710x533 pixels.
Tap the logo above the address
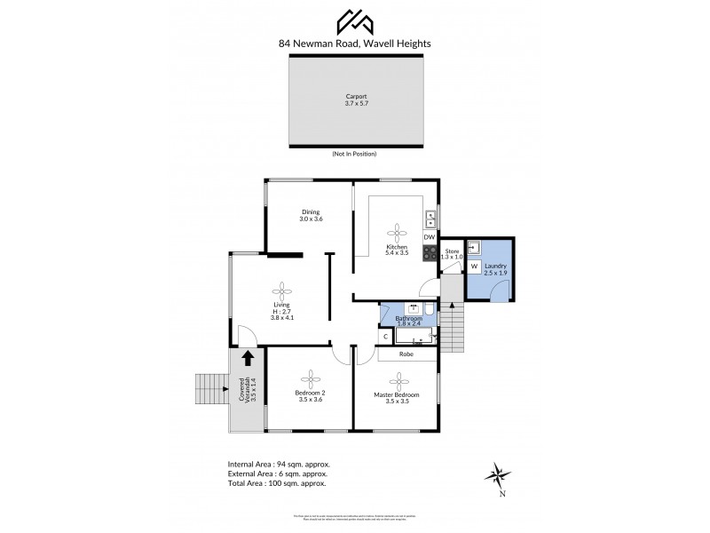(355, 20)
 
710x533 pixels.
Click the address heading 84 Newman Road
(355, 42)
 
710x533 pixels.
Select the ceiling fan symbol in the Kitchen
(397, 233)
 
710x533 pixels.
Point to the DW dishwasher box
(430, 237)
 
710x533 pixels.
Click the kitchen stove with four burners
(430, 253)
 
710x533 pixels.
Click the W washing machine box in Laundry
(474, 266)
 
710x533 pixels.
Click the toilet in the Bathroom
(429, 310)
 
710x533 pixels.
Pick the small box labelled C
(386, 336)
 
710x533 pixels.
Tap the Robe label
(408, 353)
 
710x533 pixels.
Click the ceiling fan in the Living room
(282, 290)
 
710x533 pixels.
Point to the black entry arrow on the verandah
(248, 358)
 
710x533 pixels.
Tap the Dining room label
(311, 215)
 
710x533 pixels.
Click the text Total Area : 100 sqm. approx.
(277, 484)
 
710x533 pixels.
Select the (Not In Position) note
(354, 155)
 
